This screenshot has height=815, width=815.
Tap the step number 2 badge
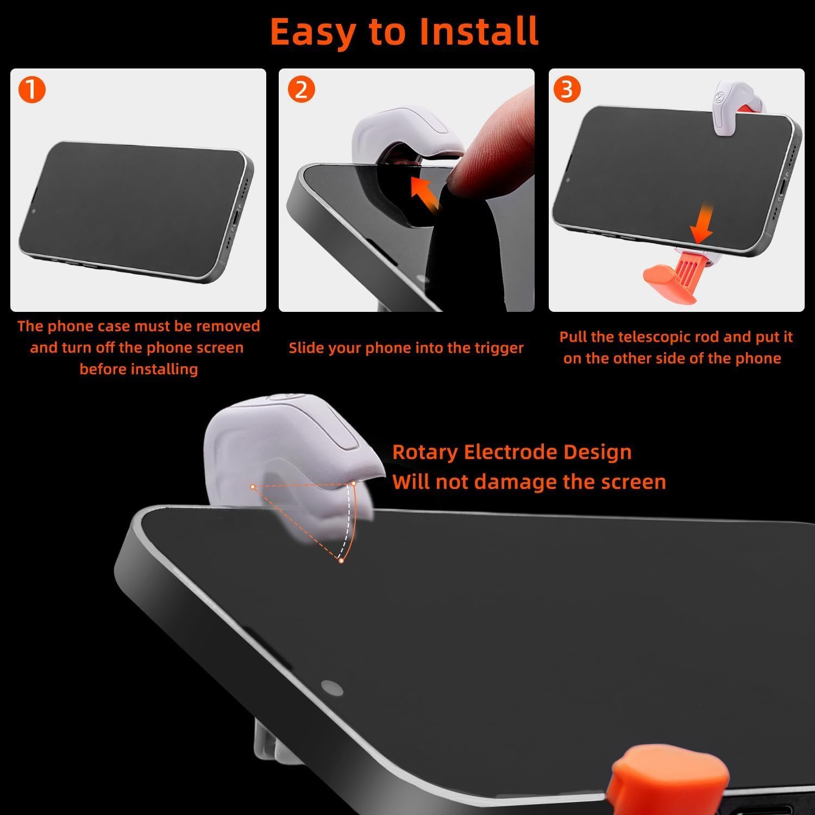[x=301, y=90]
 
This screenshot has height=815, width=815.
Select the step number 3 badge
[x=567, y=89]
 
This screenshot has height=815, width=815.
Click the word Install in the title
[x=479, y=31]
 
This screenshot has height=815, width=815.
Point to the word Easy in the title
[x=315, y=33]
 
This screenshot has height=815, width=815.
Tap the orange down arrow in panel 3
[x=702, y=223]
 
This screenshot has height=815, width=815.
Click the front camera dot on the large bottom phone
[x=331, y=687]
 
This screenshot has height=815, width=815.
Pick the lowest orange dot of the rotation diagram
[x=341, y=560]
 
